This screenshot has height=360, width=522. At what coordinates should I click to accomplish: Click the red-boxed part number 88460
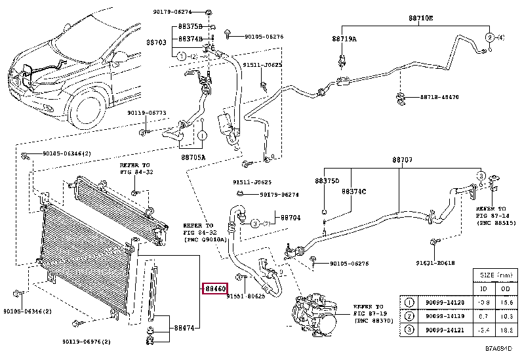[214, 288]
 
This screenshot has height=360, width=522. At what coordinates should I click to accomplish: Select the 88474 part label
[184, 328]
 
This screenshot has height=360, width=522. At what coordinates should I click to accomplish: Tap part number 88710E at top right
[420, 18]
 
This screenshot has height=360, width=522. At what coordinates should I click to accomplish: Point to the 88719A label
[344, 39]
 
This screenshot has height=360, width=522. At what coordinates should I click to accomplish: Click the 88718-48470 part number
[439, 97]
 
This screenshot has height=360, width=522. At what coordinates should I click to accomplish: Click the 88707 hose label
[402, 160]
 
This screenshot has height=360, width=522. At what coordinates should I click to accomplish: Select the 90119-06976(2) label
[87, 342]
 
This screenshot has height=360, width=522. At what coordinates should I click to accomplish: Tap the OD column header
[506, 289]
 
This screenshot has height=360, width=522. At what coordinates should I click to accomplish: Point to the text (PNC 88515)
[496, 223]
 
